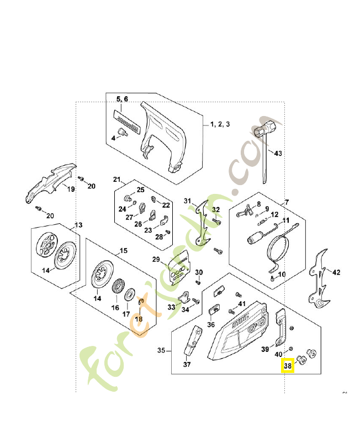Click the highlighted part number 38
click(288, 366)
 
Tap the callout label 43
click(278, 154)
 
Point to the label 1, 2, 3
click(220, 124)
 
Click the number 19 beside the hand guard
click(71, 189)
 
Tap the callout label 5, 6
click(122, 99)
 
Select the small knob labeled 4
click(123, 132)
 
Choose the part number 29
click(156, 259)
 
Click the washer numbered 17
click(130, 295)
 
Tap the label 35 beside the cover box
click(161, 350)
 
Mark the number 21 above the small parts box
click(117, 179)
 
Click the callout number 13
click(78, 225)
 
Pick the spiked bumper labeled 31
click(203, 223)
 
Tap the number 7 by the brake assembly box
click(287, 202)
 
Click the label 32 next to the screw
click(216, 210)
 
